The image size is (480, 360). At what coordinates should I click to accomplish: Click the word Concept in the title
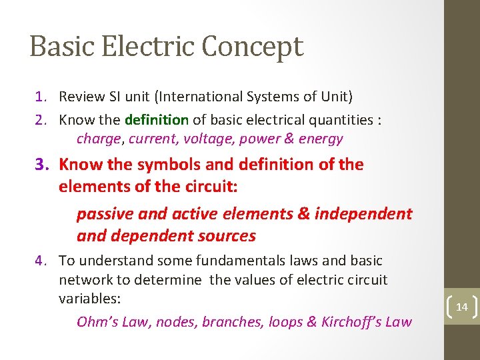(x=253, y=47)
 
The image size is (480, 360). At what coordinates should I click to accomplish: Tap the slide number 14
(x=461, y=307)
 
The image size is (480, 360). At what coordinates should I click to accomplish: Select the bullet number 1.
(x=41, y=97)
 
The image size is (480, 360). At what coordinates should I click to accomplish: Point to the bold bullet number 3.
(x=43, y=165)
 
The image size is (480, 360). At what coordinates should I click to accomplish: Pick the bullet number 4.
(x=41, y=261)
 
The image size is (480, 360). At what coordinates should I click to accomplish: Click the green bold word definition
(x=157, y=120)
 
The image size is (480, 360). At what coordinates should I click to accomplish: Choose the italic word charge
(x=99, y=139)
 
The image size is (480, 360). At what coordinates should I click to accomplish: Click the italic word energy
(x=321, y=139)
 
